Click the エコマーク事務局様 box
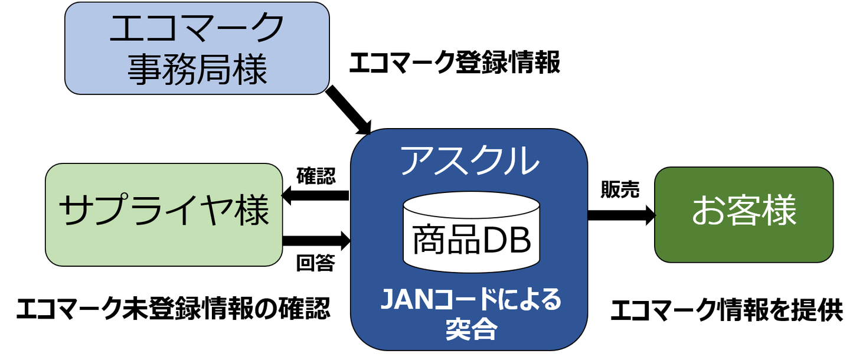[197, 48]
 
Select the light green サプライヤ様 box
[164, 214]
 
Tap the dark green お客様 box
[744, 214]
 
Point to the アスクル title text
[470, 159]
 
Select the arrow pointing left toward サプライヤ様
[315, 196]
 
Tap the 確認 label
[316, 176]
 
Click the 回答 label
[315, 263]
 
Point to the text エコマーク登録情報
[455, 63]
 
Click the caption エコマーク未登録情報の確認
[173, 309]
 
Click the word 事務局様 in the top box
[197, 69]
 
